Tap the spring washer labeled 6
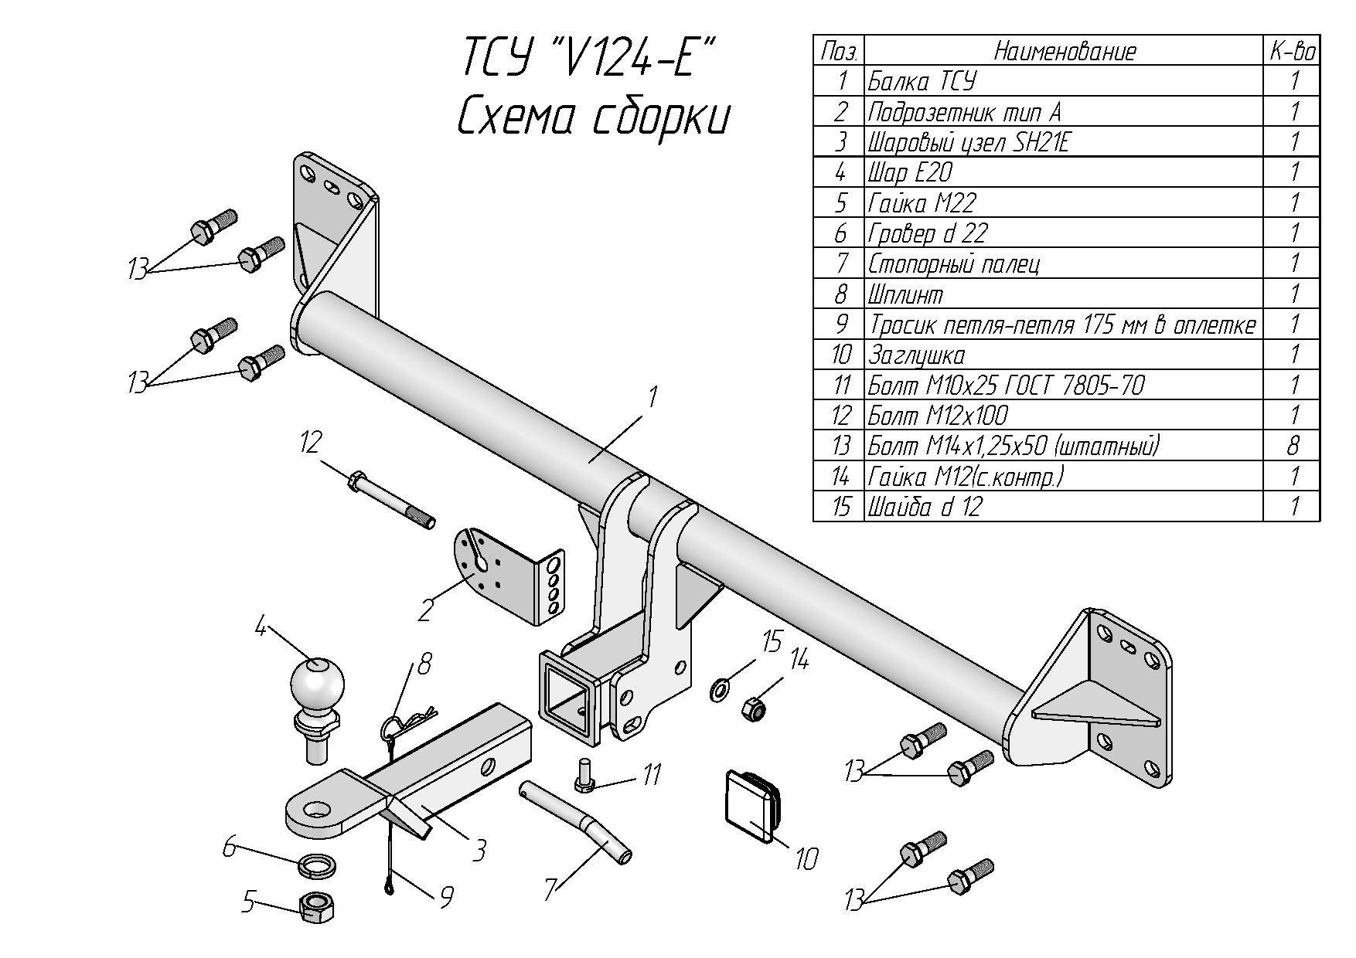pyautogui.click(x=316, y=863)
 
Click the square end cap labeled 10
pyautogui.click(x=753, y=803)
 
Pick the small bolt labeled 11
pyautogui.click(x=587, y=775)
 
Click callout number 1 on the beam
pyautogui.click(x=652, y=398)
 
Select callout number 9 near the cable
pyautogui.click(x=446, y=896)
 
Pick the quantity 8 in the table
pyautogui.click(x=1293, y=445)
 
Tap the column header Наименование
pyautogui.click(x=1065, y=52)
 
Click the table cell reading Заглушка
pyautogui.click(x=917, y=355)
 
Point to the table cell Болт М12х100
pyautogui.click(x=938, y=415)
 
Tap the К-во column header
pyautogui.click(x=1292, y=52)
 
